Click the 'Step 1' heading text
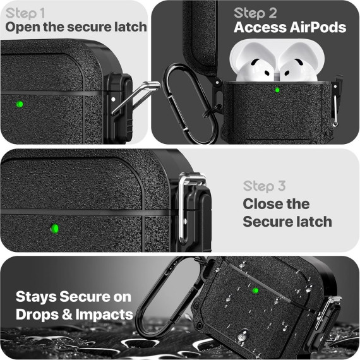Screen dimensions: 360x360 click(x=25, y=13)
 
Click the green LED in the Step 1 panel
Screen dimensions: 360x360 click(x=20, y=104)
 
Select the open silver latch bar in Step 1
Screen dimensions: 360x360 click(x=135, y=97)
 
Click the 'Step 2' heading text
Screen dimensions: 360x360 click(x=255, y=13)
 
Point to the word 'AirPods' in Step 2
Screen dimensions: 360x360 click(x=318, y=27)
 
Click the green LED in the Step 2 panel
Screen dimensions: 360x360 click(x=277, y=90)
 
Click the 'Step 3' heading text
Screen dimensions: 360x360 click(x=264, y=186)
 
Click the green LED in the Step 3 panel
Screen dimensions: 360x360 click(x=55, y=229)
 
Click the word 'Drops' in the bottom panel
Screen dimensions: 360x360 click(x=37, y=315)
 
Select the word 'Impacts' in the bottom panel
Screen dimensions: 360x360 click(x=104, y=315)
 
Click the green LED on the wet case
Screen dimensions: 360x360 click(x=255, y=291)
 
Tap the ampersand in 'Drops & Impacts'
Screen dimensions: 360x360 click(x=67, y=315)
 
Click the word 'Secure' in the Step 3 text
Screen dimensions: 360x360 click(x=267, y=222)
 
